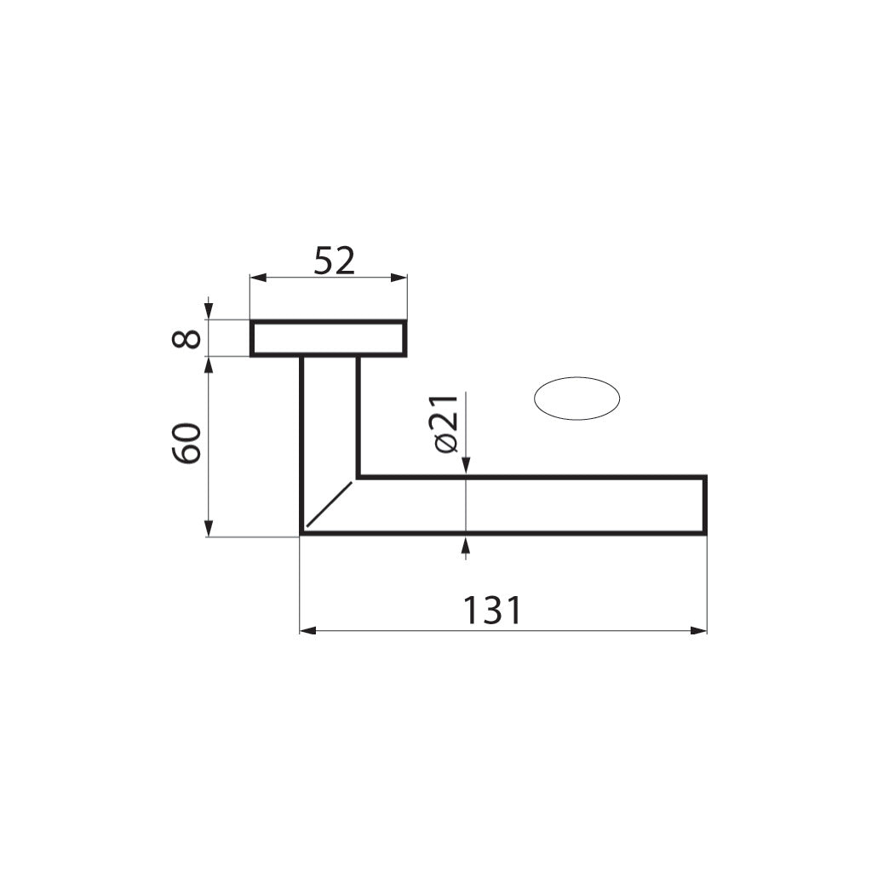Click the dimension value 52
pos(334,261)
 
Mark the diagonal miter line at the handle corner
pos(330,504)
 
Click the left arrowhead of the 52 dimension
pos(258,278)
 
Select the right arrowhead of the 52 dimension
pos(399,278)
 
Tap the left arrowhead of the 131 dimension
pos(308,631)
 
